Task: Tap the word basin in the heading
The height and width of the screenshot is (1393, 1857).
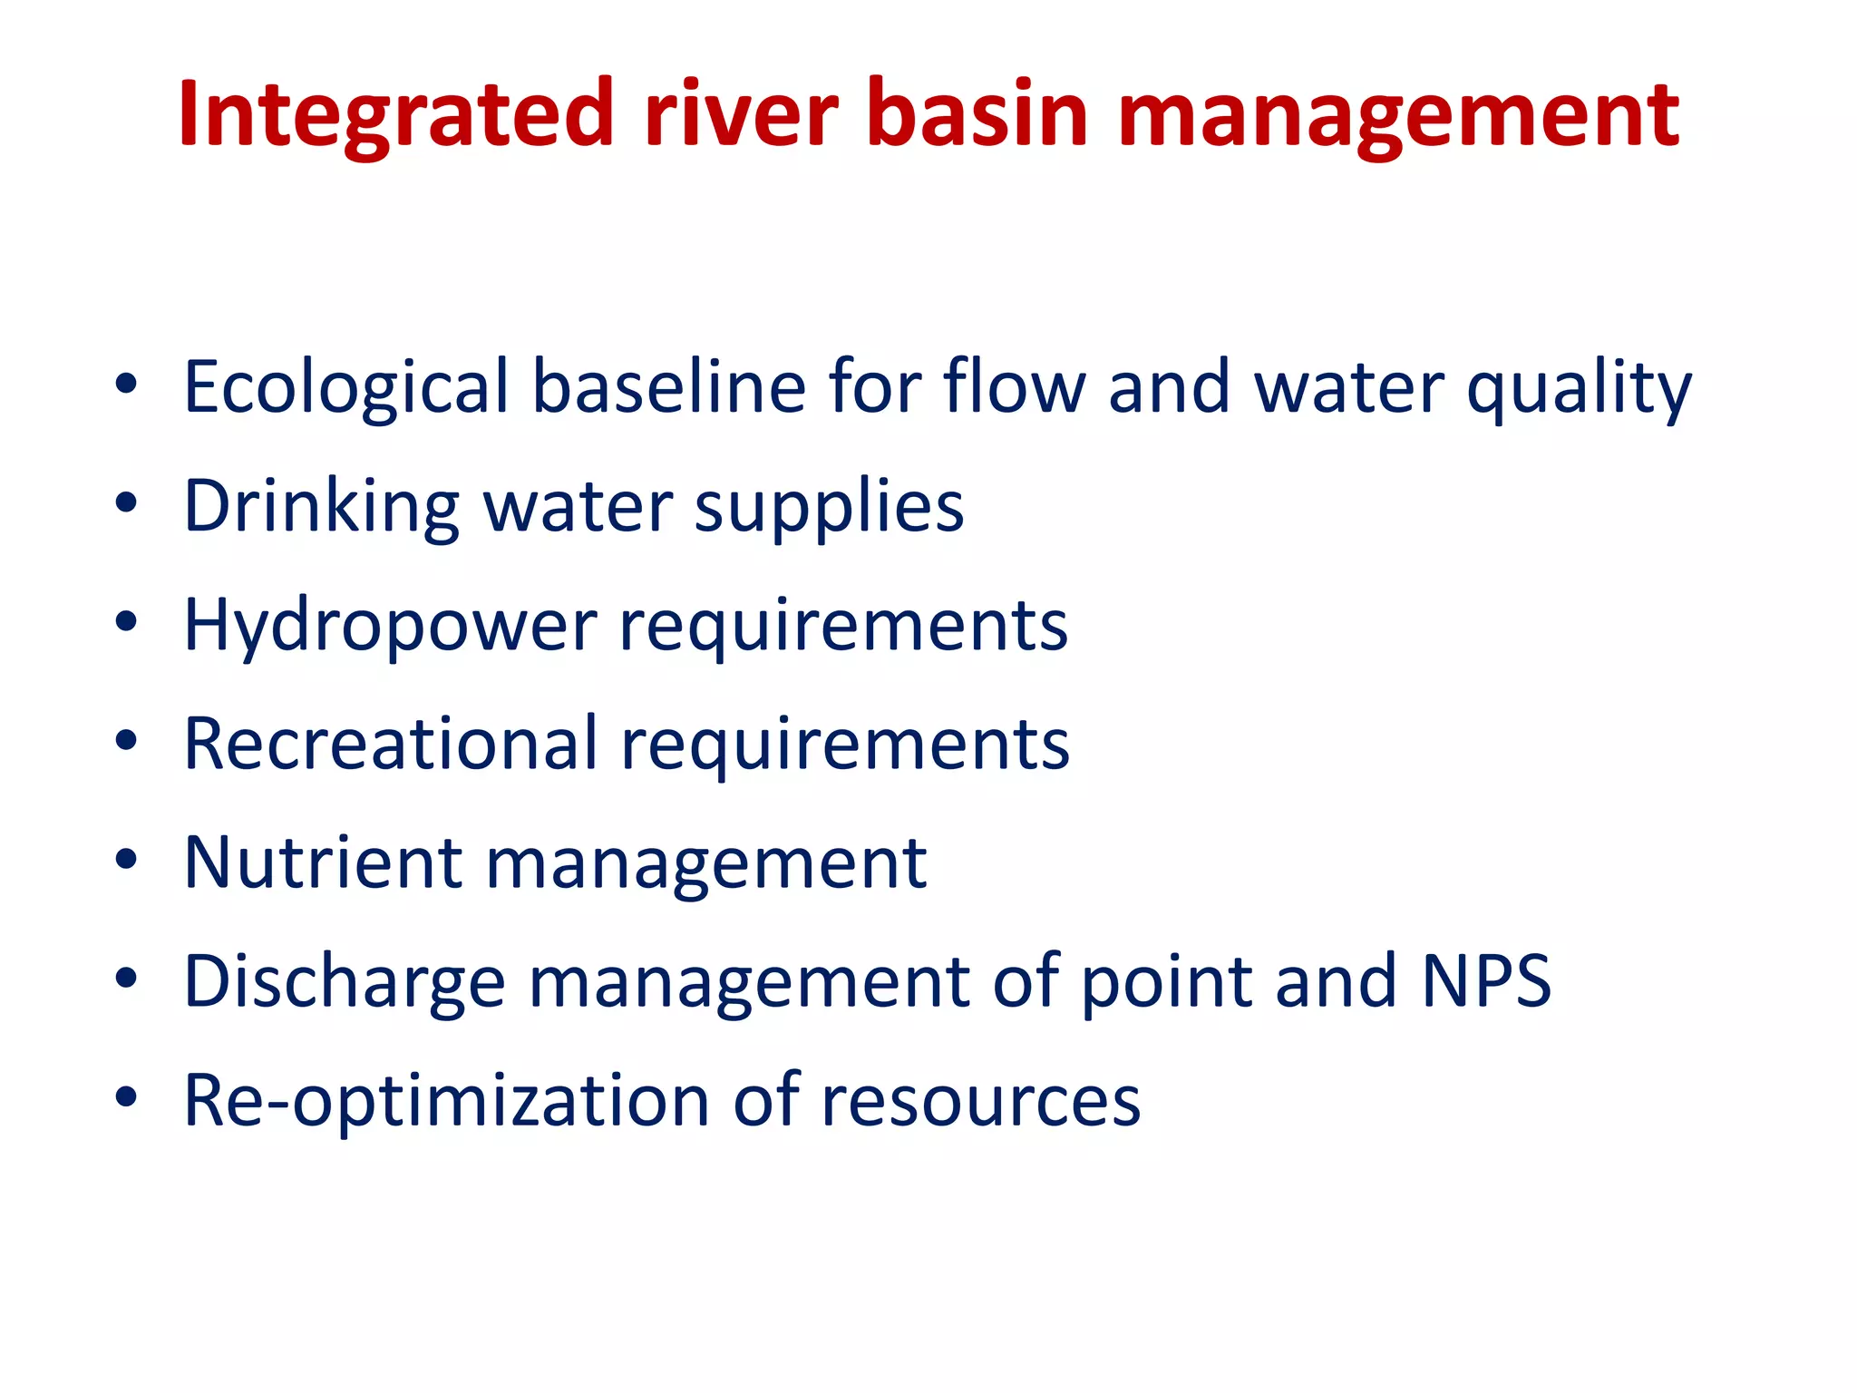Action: (977, 115)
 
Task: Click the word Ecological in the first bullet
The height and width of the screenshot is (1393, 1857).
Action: (346, 388)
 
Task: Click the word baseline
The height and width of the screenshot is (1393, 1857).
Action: (668, 386)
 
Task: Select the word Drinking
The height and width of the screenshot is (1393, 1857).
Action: (321, 507)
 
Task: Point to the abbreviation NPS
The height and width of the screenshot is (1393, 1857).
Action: (1486, 981)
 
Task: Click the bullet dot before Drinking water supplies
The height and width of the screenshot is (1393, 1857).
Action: (126, 502)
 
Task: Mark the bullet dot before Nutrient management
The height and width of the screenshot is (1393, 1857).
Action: (126, 859)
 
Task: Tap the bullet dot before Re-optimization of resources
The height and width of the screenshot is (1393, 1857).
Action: (126, 1097)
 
